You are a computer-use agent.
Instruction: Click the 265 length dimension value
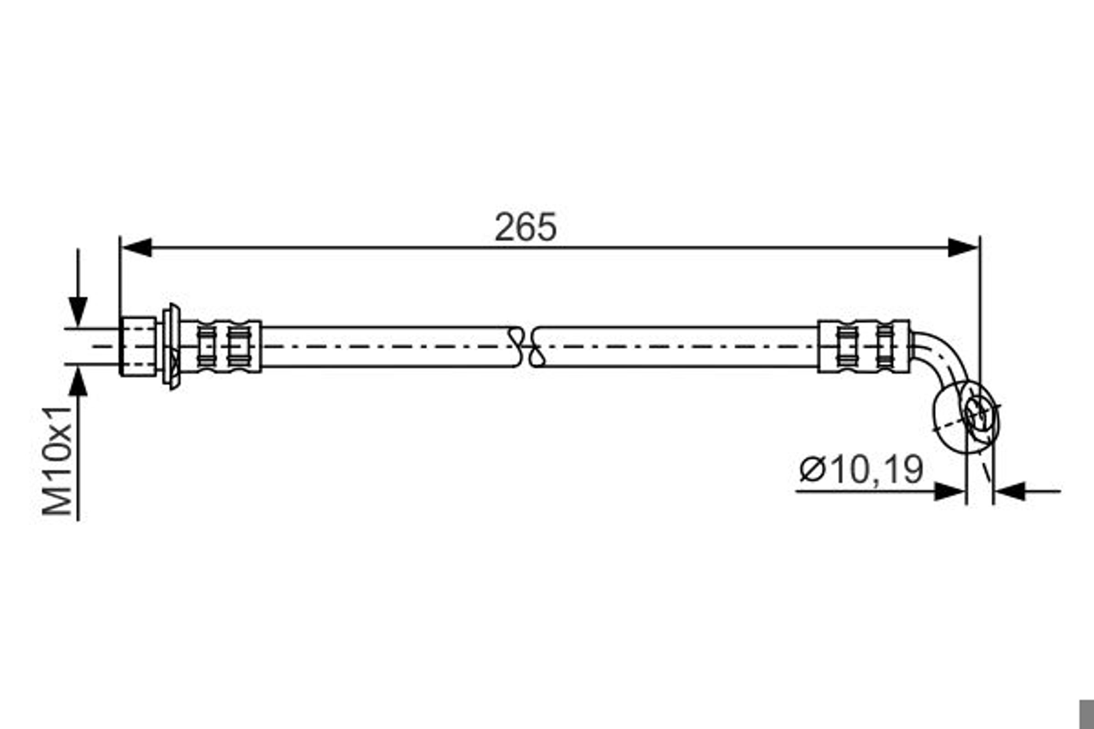pos(525,227)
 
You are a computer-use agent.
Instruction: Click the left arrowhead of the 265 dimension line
pos(136,247)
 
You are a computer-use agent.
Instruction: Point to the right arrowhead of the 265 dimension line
pos(963,247)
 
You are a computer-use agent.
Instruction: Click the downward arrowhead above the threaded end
pos(77,312)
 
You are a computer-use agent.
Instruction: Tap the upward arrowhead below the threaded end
pos(77,381)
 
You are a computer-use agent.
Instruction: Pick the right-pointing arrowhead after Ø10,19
pos(950,492)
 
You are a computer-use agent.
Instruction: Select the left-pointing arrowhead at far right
pos(1010,492)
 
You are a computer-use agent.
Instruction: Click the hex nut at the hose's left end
pos(138,346)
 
